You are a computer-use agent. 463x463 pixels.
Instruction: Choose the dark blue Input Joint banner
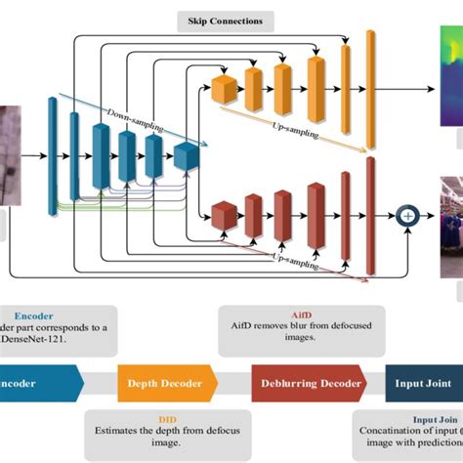tap(422, 383)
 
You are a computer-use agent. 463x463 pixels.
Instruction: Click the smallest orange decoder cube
tap(224, 90)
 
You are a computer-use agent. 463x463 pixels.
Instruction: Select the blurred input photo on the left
tap(7, 156)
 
